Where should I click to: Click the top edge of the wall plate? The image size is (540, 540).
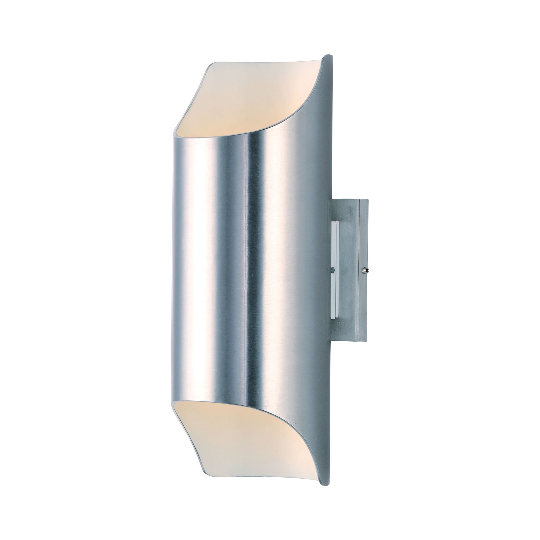(349, 200)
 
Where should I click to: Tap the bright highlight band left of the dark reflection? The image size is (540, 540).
(224, 252)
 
